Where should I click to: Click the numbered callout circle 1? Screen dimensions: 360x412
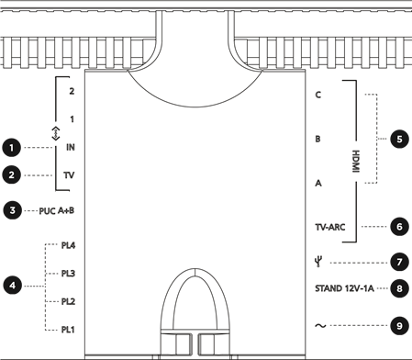tap(11, 147)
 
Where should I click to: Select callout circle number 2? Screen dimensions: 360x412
tap(11, 174)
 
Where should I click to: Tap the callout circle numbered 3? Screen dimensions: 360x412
tap(11, 210)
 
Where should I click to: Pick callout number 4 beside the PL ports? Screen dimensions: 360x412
tap(11, 286)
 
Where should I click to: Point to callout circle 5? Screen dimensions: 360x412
tap(399, 140)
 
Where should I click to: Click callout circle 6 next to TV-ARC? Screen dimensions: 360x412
tap(399, 226)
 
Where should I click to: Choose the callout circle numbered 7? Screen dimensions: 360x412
tap(399, 262)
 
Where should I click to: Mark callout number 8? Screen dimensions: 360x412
tap(399, 288)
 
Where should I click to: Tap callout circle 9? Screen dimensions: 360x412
tap(399, 325)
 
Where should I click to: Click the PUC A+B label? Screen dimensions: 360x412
tap(56, 210)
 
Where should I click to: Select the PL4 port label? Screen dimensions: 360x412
tap(69, 246)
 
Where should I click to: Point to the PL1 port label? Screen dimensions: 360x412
tap(69, 329)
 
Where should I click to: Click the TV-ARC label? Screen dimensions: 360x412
tap(329, 226)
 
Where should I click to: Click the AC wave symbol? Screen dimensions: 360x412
tap(320, 325)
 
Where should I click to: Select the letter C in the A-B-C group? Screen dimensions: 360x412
tap(317, 95)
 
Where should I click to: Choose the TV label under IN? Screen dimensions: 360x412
tap(70, 174)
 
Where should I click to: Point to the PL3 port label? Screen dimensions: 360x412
tap(69, 274)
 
